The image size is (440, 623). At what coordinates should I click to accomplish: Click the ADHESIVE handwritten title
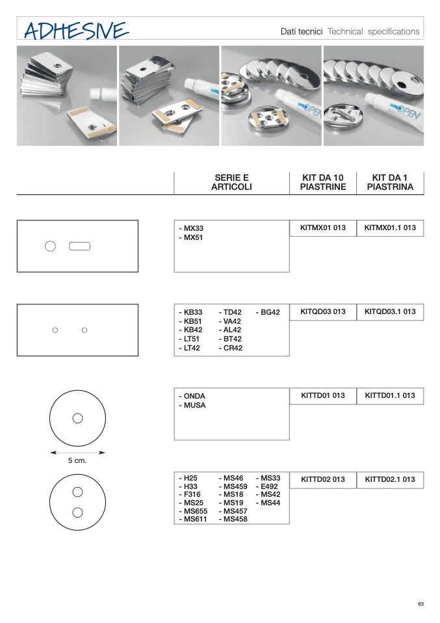click(x=76, y=31)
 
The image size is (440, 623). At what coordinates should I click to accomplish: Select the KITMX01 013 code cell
click(x=323, y=228)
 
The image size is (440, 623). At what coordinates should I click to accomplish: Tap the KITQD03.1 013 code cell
click(x=390, y=312)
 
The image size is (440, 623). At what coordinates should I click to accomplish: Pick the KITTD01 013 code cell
click(x=323, y=396)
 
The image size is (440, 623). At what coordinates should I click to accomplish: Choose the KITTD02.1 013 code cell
click(x=390, y=479)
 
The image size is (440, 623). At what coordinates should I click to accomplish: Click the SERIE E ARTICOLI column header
click(x=231, y=182)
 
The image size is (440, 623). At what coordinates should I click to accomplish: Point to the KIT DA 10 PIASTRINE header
click(x=323, y=182)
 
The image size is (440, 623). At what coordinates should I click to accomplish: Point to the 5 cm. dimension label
click(x=77, y=460)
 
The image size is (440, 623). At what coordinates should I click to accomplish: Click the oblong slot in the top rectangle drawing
click(x=79, y=246)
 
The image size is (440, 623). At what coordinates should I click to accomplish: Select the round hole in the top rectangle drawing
click(x=51, y=246)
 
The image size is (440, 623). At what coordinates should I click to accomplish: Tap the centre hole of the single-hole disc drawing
click(x=77, y=418)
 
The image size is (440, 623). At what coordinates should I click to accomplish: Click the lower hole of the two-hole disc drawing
click(x=77, y=512)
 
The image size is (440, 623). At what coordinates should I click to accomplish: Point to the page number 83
click(x=421, y=604)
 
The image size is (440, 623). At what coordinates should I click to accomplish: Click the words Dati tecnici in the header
click(x=302, y=31)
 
